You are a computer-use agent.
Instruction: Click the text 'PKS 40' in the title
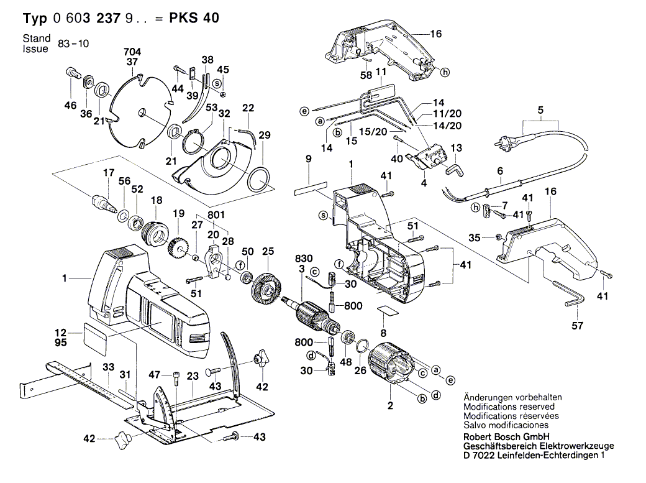coord(194,19)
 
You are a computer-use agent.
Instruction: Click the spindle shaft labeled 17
coord(104,203)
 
